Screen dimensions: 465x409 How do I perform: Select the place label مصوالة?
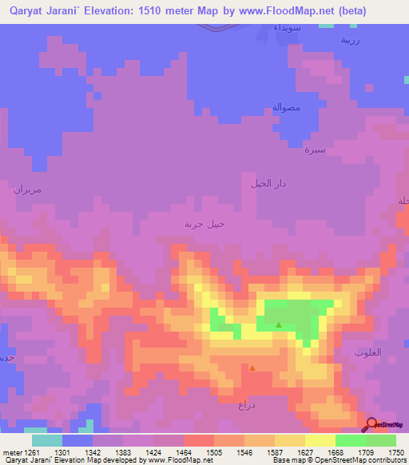[x=284, y=107]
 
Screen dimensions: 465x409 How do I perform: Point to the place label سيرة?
[x=314, y=149]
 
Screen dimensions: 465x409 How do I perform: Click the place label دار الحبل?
[x=268, y=183]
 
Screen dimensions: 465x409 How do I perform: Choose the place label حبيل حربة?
[x=205, y=224]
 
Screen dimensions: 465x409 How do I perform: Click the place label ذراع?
[x=245, y=405]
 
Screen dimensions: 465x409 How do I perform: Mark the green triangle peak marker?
[x=278, y=324]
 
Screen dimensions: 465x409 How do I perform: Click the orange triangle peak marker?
[x=252, y=368]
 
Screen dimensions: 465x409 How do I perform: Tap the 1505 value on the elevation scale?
[x=213, y=452]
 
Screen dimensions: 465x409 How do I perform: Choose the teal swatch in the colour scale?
[x=46, y=440]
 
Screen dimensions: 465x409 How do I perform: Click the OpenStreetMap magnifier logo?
[x=371, y=423]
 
